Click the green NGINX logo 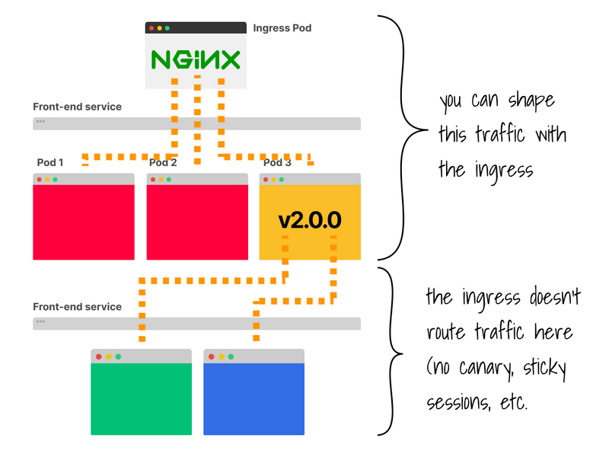(x=196, y=60)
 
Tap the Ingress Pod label (x=282, y=28)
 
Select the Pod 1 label (x=50, y=162)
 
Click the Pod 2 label (x=163, y=162)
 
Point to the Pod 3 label (x=277, y=162)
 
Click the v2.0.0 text (x=310, y=221)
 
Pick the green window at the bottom (x=141, y=398)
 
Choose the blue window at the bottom (x=253, y=398)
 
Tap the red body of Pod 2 (x=196, y=222)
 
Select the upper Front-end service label (x=77, y=107)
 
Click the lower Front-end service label (x=77, y=307)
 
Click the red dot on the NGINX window (x=151, y=28)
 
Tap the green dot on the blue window (x=231, y=356)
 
